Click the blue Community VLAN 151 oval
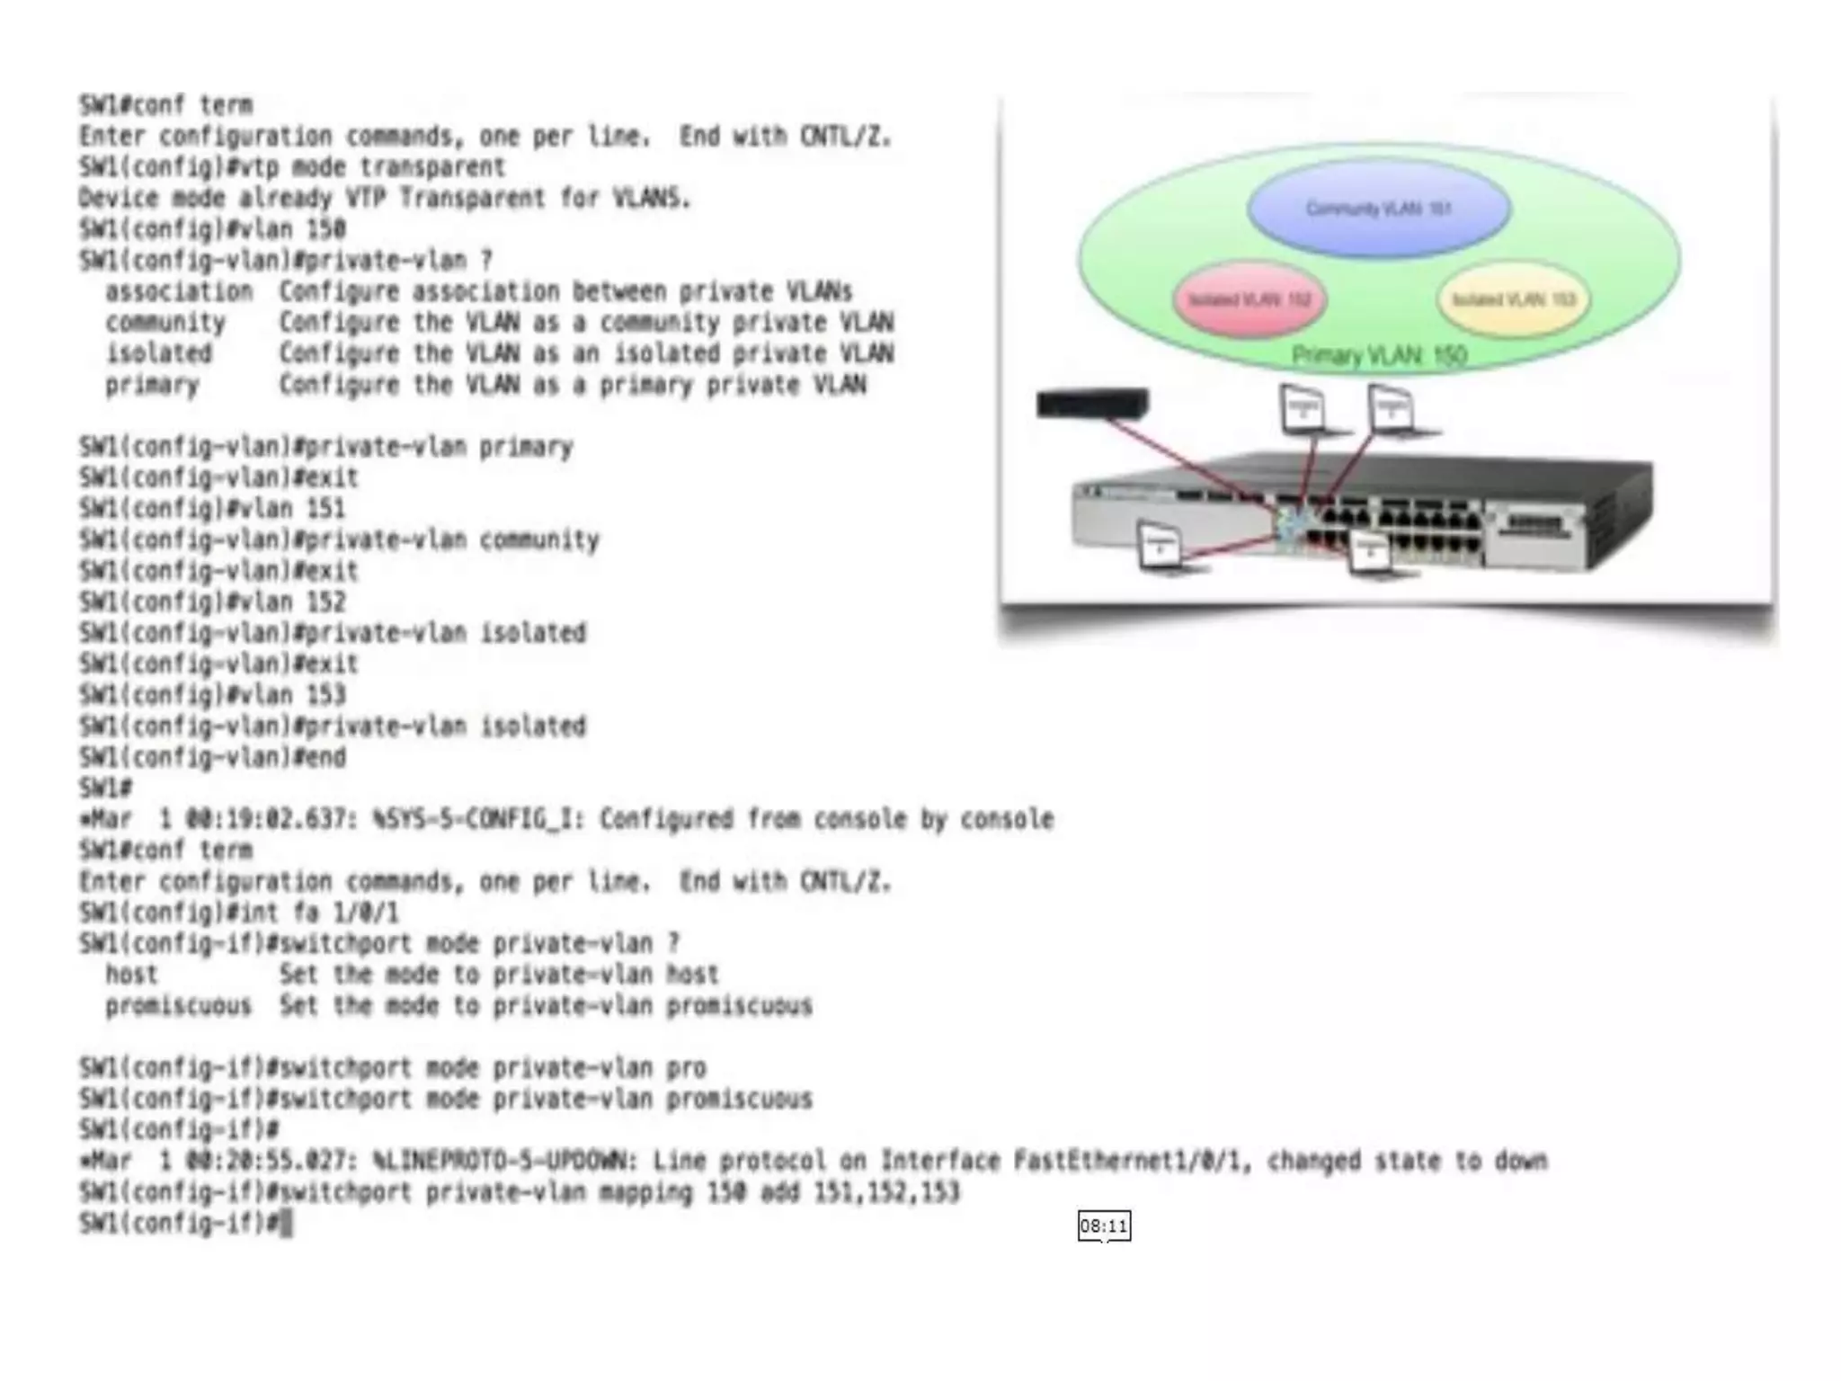pyautogui.click(x=1378, y=209)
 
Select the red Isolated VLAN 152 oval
pyautogui.click(x=1250, y=299)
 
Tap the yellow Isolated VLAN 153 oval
pyautogui.click(x=1514, y=299)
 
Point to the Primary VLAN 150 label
pyautogui.click(x=1379, y=356)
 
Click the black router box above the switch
pyautogui.click(x=1092, y=403)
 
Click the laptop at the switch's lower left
pyautogui.click(x=1161, y=547)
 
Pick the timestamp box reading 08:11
pyautogui.click(x=1104, y=1226)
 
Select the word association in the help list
pyautogui.click(x=179, y=291)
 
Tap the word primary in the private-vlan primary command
pyautogui.click(x=526, y=447)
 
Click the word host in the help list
pyautogui.click(x=131, y=975)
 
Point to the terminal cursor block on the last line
pyautogui.click(x=286, y=1224)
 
